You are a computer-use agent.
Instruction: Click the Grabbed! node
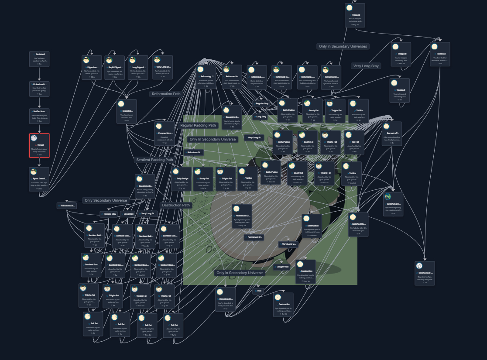click(x=39, y=59)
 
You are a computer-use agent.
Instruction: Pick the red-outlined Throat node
click(x=39, y=145)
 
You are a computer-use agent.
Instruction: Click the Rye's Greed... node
click(x=39, y=179)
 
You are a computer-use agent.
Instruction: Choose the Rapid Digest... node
click(x=115, y=67)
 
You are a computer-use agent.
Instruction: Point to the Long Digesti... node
click(x=138, y=67)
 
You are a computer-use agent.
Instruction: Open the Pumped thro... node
click(x=165, y=134)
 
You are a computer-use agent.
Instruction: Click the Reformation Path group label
click(x=166, y=94)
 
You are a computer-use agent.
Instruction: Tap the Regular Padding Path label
click(x=198, y=125)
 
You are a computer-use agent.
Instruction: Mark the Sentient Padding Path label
click(x=154, y=160)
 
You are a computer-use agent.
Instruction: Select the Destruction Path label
click(x=176, y=205)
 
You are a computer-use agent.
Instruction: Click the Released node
click(x=440, y=54)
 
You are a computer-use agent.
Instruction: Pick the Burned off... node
click(x=391, y=134)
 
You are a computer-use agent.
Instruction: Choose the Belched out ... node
click(x=425, y=273)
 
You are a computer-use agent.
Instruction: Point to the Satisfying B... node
click(x=393, y=204)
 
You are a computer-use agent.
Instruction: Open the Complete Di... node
click(x=225, y=299)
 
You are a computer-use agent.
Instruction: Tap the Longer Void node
click(x=282, y=267)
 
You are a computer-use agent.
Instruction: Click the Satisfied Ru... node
click(x=358, y=224)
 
